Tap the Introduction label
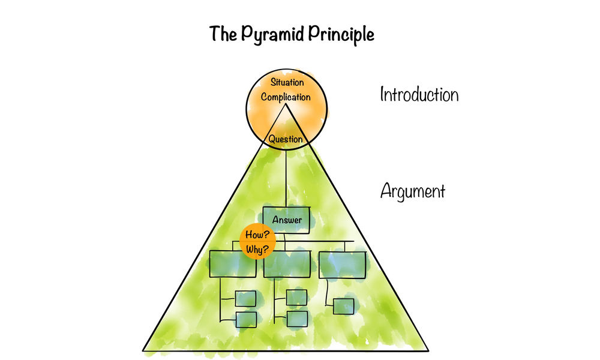[419, 95]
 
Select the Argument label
[413, 192]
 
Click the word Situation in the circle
[286, 82]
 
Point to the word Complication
[286, 97]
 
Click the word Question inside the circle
[286, 139]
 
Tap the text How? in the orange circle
[256, 235]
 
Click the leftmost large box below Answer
[233, 264]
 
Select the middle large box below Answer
[286, 264]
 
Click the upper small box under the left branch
[245, 298]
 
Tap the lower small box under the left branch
[246, 319]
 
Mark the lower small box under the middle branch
[296, 319]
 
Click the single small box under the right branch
[343, 306]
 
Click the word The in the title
[220, 34]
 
